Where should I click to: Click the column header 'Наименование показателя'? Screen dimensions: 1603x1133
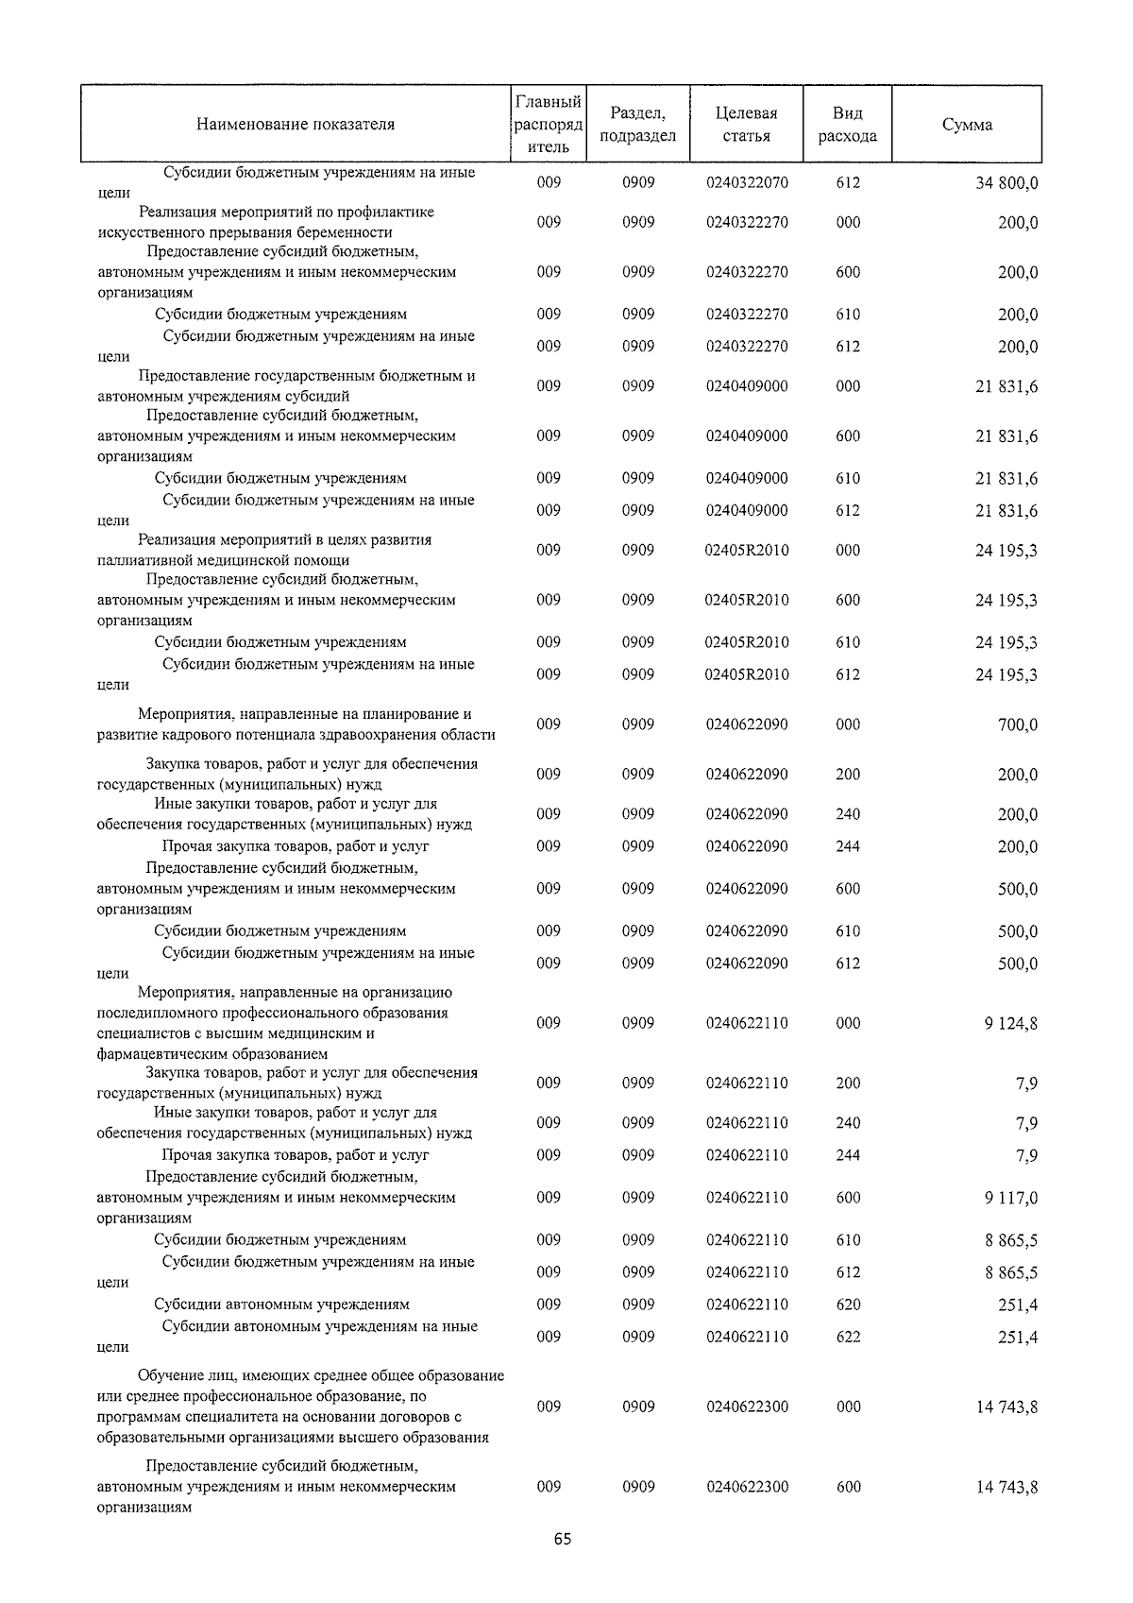pyautogui.click(x=296, y=124)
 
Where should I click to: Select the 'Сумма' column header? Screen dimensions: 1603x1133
pyautogui.click(x=967, y=125)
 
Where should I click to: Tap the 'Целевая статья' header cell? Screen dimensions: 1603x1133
pyautogui.click(x=746, y=124)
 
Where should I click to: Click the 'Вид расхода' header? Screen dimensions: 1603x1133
pyautogui.click(x=848, y=124)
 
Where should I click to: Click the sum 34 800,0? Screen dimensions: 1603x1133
pyautogui.click(x=1006, y=183)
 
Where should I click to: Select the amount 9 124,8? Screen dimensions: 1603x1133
pyautogui.click(x=1010, y=1023)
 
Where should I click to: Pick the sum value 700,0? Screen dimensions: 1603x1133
pyautogui.click(x=1018, y=725)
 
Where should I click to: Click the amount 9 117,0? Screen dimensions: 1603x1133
pyautogui.click(x=1010, y=1198)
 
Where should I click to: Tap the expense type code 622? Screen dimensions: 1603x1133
pyautogui.click(x=848, y=1337)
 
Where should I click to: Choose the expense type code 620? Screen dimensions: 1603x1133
pyautogui.click(x=848, y=1305)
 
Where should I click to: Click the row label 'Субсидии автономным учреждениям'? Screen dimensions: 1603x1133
pyautogui.click(x=281, y=1305)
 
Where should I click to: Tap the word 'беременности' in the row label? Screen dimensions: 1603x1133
pyautogui.click(x=348, y=232)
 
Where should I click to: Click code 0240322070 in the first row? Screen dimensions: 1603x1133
pyautogui.click(x=746, y=182)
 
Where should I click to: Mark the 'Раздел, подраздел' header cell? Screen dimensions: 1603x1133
pyautogui.click(x=638, y=124)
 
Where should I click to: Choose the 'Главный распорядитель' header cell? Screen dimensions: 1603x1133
pyautogui.click(x=549, y=124)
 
